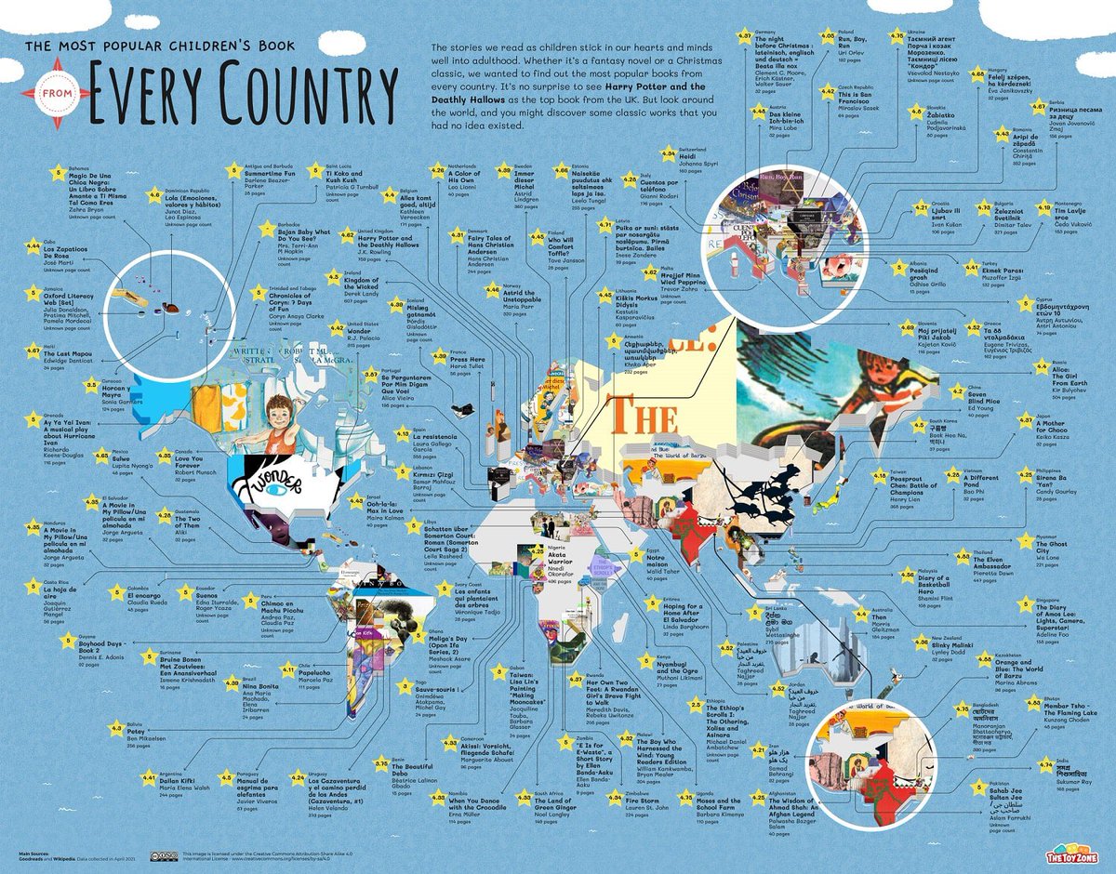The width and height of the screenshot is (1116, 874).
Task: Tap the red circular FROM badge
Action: tap(57, 93)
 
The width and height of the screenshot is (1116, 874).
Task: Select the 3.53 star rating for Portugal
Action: tap(370, 374)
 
